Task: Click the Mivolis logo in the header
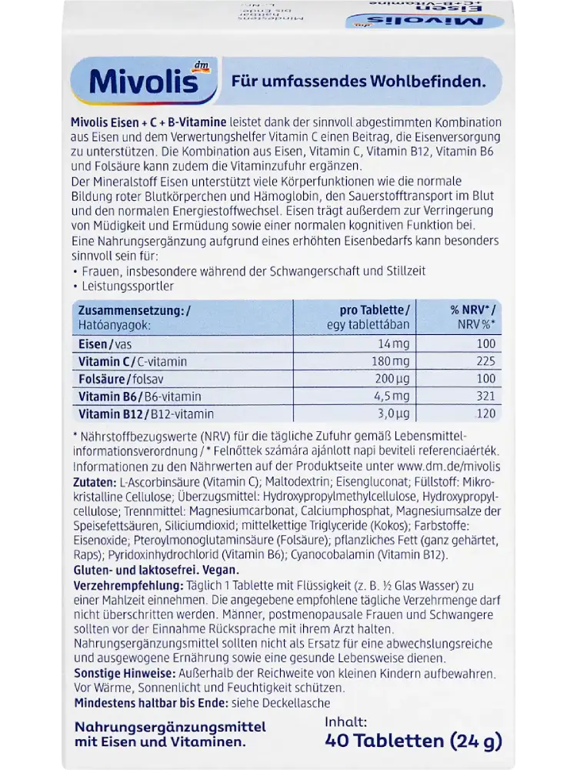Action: click(x=135, y=82)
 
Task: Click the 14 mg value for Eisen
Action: click(x=395, y=343)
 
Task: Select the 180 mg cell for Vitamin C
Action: click(x=392, y=361)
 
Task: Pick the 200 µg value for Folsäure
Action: click(x=392, y=379)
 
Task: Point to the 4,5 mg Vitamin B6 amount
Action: click(x=393, y=397)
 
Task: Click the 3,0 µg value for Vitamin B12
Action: click(x=393, y=414)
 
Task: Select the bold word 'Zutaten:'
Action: click(x=95, y=481)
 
